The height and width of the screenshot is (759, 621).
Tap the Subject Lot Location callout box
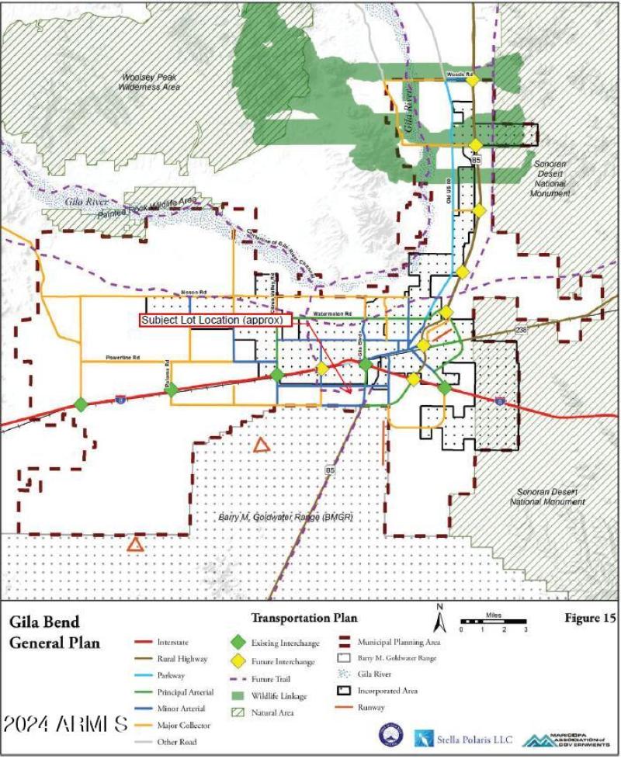click(216, 320)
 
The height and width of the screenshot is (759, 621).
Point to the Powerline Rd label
click(123, 359)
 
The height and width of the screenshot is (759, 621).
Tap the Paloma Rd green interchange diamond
click(172, 390)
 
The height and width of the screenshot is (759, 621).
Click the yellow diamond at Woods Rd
click(472, 80)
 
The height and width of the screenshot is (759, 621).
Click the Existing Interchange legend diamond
click(239, 643)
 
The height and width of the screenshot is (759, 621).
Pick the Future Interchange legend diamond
click(239, 661)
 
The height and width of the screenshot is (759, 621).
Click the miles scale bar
click(494, 622)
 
